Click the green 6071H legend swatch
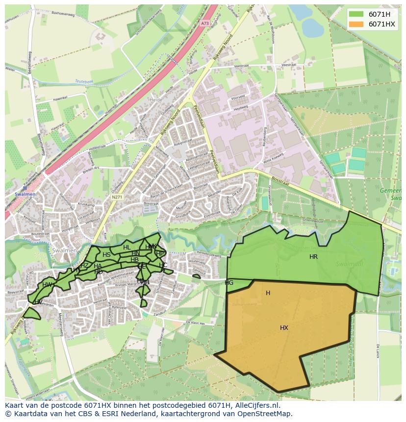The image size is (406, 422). coord(356,14)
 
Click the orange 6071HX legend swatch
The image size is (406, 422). coord(356,24)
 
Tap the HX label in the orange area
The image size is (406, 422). coord(284,328)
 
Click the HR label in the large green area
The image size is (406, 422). coord(314,257)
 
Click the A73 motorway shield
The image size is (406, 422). coord(204,23)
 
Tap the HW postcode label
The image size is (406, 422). coord(47,285)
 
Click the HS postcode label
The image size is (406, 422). coord(106,255)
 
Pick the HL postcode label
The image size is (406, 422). coord(127,248)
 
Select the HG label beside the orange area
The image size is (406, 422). coord(229,283)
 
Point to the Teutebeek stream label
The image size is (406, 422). coord(83,81)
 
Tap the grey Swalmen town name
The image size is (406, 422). coord(64,250)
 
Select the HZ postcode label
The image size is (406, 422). coord(84,266)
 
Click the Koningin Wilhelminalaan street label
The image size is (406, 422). coord(116,273)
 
